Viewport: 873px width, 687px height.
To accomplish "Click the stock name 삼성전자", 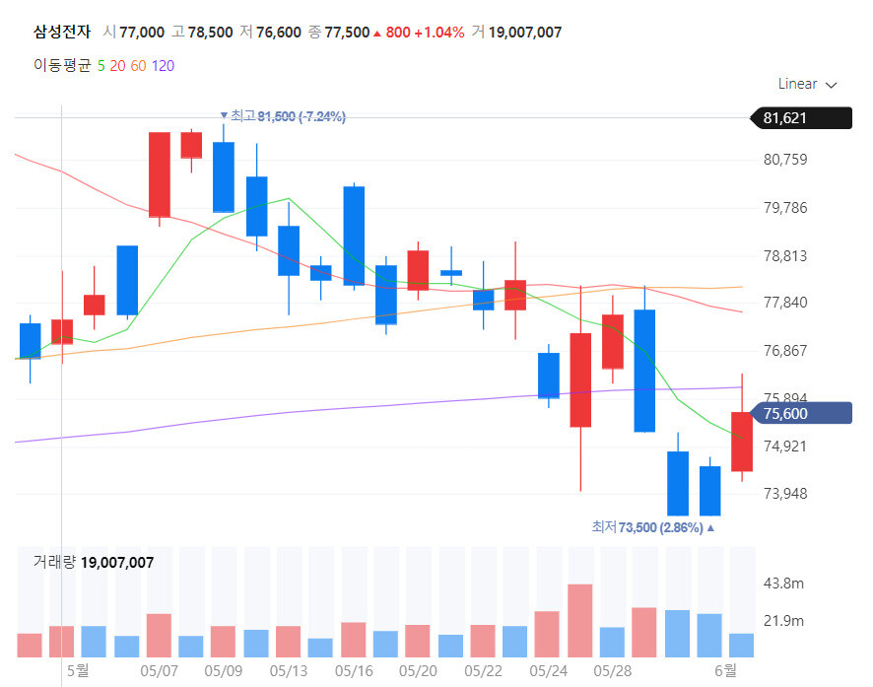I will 61,32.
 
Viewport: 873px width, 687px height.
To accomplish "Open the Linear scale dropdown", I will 807,84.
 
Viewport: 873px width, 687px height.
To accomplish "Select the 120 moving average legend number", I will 164,66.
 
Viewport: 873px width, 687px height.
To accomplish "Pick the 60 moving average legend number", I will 138,66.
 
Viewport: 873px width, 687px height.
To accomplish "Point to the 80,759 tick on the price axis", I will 785,160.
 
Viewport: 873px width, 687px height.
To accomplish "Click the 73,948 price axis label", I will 785,494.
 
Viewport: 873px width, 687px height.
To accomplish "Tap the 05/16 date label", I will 354,670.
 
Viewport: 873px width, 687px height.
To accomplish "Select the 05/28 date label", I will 613,670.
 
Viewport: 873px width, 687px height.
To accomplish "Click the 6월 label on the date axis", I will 724,670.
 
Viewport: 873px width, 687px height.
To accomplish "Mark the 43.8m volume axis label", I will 785,584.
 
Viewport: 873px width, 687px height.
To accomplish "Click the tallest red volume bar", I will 579,620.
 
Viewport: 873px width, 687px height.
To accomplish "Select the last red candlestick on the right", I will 742,441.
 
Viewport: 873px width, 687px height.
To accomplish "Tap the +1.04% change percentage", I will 438,32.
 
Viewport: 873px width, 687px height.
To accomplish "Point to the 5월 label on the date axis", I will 77,670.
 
